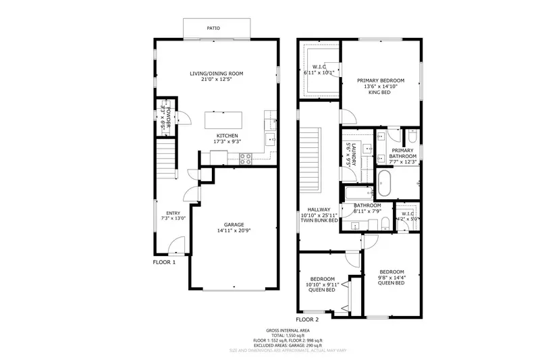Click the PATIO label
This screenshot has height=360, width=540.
pos(213,28)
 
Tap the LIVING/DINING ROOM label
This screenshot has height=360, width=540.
pos(216,74)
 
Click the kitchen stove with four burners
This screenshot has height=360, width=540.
pos(246,159)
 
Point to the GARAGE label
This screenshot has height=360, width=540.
pos(234,224)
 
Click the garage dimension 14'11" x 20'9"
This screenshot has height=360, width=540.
pos(234,231)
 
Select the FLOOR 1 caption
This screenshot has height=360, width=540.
pos(164,262)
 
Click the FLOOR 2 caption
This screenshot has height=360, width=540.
pos(308,319)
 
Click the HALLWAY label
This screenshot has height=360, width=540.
pos(319,209)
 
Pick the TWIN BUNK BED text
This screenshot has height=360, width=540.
pos(319,220)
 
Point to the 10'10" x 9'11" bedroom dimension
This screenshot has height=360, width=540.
pos(323,285)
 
